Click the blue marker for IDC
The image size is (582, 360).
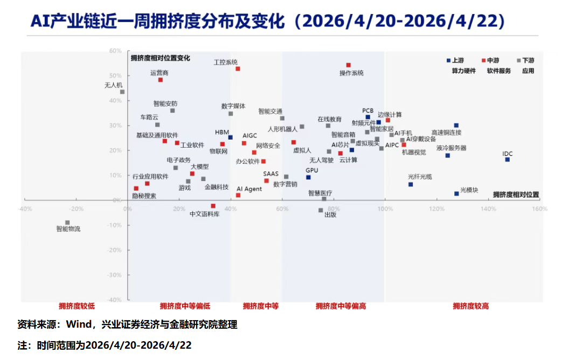click(x=507, y=160)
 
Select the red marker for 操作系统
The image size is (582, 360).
click(x=348, y=65)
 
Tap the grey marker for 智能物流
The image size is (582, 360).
click(x=67, y=223)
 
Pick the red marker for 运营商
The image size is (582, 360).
click(x=161, y=80)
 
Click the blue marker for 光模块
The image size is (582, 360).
click(x=456, y=193)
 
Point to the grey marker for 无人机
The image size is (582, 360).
click(x=122, y=92)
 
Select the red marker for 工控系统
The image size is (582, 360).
click(x=238, y=69)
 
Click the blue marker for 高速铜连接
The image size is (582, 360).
click(x=456, y=126)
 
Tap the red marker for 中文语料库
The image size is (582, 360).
click(x=213, y=206)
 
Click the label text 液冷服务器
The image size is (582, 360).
click(x=451, y=148)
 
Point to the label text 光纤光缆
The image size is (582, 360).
click(x=420, y=176)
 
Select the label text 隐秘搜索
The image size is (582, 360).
click(x=144, y=196)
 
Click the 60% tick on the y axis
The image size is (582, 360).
click(x=115, y=51)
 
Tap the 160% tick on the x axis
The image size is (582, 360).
click(x=539, y=209)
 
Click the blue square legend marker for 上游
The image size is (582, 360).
click(x=448, y=60)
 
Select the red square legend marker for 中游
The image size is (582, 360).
click(x=484, y=60)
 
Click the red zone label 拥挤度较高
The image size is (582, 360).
click(x=470, y=306)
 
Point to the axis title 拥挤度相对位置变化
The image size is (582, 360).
click(x=160, y=58)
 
